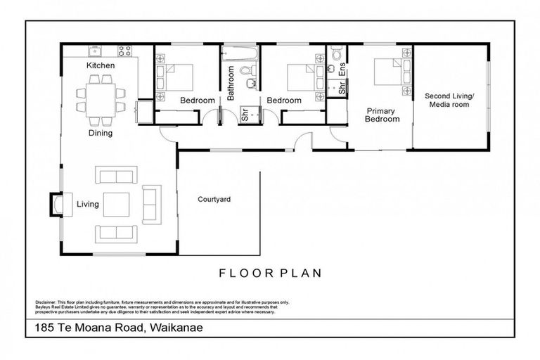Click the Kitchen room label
tap(101, 65)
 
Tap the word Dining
tap(101, 132)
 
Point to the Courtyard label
tap(214, 200)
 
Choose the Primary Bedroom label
tap(382, 115)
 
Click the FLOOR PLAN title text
tap(270, 273)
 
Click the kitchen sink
tap(95, 51)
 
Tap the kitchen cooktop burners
tap(125, 51)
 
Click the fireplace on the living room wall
tap(54, 205)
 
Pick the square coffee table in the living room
tap(116, 205)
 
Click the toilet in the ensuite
tap(336, 54)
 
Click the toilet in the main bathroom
tap(245, 70)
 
